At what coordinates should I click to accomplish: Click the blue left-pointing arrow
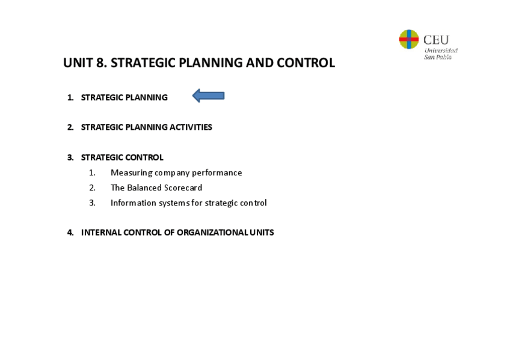tap(208, 96)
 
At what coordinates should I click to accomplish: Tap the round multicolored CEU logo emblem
tap(409, 39)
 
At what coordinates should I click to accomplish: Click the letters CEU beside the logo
tap(436, 40)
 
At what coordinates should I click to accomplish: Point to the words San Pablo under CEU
tap(438, 57)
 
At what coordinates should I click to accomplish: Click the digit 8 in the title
tap(100, 63)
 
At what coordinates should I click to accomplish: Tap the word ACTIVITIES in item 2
tap(191, 127)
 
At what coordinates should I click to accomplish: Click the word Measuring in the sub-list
tap(131, 173)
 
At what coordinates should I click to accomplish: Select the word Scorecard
tap(183, 188)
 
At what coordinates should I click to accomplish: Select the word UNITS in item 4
tap(262, 233)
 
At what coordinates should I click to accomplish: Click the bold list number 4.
tap(70, 233)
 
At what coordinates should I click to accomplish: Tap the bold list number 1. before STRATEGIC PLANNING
tap(70, 97)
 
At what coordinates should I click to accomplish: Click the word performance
tap(217, 173)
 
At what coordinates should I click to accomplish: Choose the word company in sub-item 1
tap(172, 173)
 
